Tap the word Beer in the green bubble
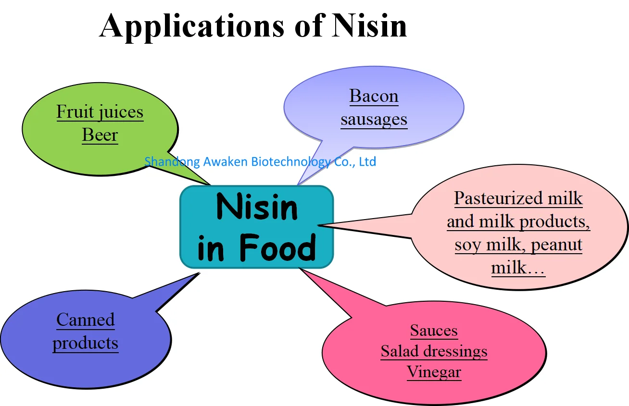[x=100, y=135]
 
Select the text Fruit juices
[x=100, y=112]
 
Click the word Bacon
[x=374, y=96]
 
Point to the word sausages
[x=374, y=119]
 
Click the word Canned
[x=86, y=320]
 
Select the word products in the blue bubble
[x=86, y=343]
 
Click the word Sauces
[x=434, y=331]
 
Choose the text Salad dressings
[x=434, y=351]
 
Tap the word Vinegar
[x=434, y=372]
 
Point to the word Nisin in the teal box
[x=257, y=207]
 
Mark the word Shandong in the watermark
[x=172, y=161]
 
